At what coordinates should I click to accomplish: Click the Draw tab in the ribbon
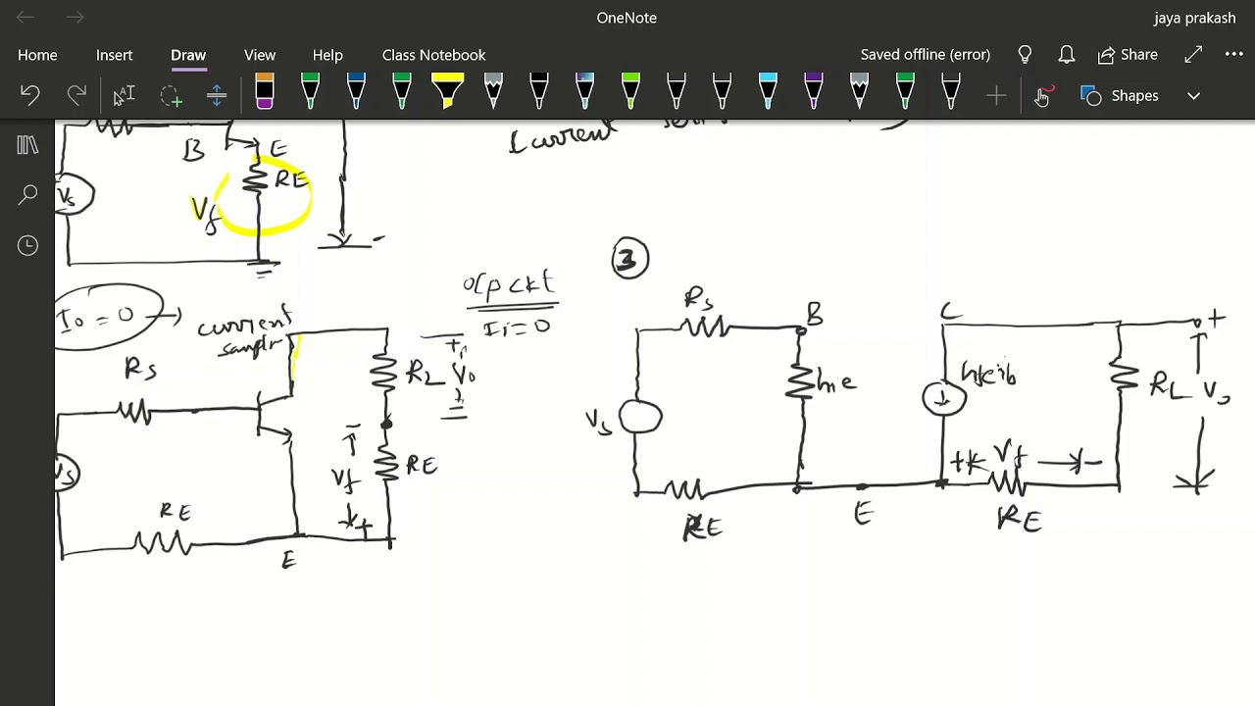pyautogui.click(x=188, y=55)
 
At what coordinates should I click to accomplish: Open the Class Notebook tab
pyautogui.click(x=433, y=55)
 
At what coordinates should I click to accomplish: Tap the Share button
pyautogui.click(x=1128, y=55)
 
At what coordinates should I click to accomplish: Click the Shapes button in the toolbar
pyautogui.click(x=1133, y=96)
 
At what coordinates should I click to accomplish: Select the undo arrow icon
pyautogui.click(x=29, y=95)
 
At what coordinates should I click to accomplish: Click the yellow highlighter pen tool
pyautogui.click(x=447, y=92)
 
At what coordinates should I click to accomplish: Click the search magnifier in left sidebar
pyautogui.click(x=27, y=195)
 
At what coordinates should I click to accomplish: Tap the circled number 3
pyautogui.click(x=629, y=259)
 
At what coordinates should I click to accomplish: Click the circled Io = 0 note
pyautogui.click(x=110, y=317)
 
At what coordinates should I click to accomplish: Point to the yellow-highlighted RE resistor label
pyautogui.click(x=290, y=180)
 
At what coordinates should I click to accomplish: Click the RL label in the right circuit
pyautogui.click(x=1167, y=385)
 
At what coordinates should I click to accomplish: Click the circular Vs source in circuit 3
pyautogui.click(x=640, y=418)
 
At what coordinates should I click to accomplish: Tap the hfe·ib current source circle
pyautogui.click(x=944, y=398)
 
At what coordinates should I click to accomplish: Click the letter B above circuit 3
pyautogui.click(x=814, y=315)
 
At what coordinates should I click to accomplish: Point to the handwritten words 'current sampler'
pyautogui.click(x=245, y=333)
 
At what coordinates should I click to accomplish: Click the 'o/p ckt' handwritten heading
pyautogui.click(x=509, y=285)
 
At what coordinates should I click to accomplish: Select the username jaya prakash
pyautogui.click(x=1194, y=18)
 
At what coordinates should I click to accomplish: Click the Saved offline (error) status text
pyautogui.click(x=925, y=55)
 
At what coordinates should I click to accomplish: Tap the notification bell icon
pyautogui.click(x=1066, y=55)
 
